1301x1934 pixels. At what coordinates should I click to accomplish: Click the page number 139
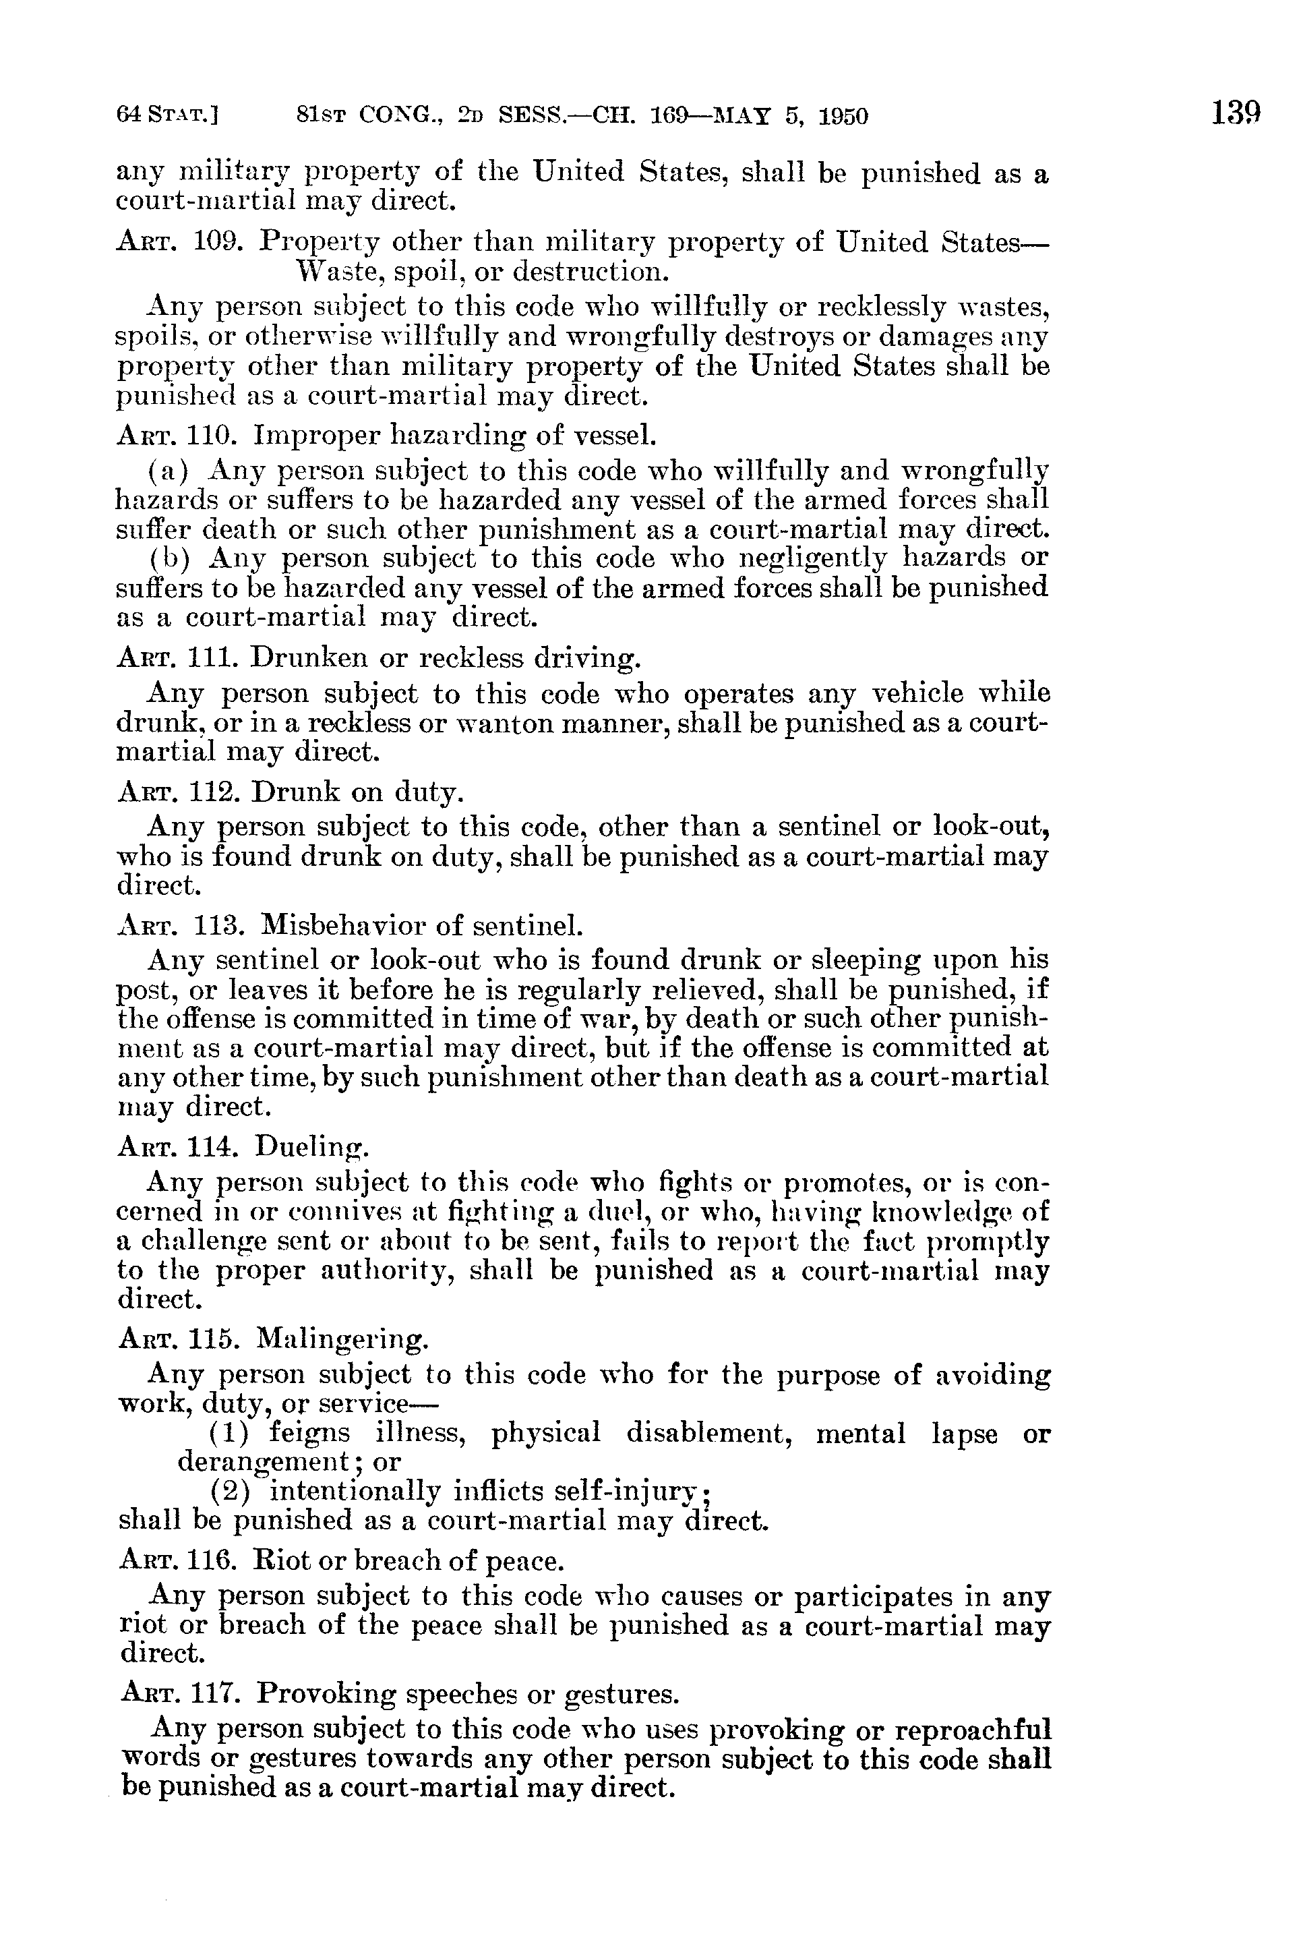pyautogui.click(x=1236, y=112)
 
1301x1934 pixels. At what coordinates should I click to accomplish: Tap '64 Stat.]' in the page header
pyautogui.click(x=167, y=115)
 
